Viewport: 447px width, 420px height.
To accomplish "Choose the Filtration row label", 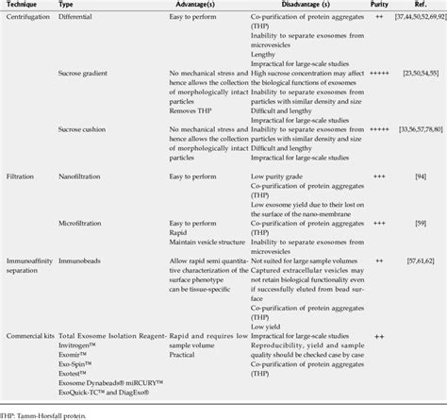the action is click(x=21, y=175).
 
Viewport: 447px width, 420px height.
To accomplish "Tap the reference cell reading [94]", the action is click(x=417, y=175).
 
